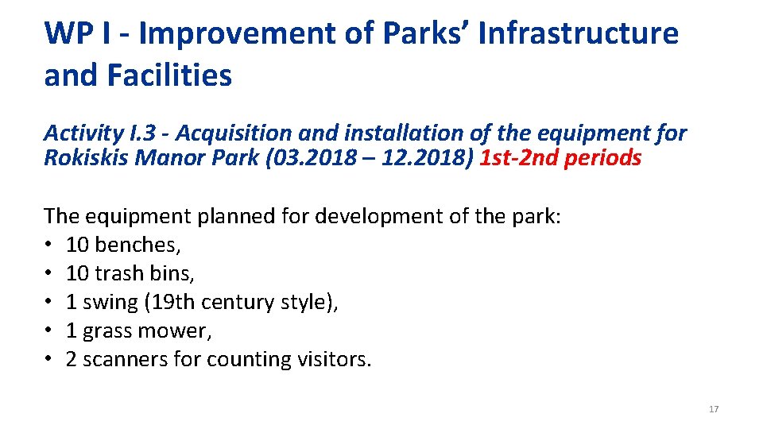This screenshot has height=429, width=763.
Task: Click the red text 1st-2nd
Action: pos(519,157)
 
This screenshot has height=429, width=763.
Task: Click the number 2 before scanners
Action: pos(72,359)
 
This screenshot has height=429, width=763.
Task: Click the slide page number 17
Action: pos(713,409)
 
